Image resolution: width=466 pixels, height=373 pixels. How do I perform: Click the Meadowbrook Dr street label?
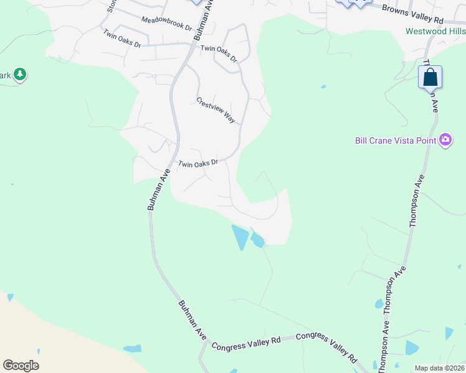[166, 24]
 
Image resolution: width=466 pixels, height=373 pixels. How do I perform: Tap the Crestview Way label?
[216, 110]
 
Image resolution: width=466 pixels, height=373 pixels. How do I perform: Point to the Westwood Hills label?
[435, 31]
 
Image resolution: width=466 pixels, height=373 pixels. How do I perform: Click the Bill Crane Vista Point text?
[395, 140]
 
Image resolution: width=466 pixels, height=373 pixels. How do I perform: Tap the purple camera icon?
[445, 139]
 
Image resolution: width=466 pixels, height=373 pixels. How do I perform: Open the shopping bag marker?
[430, 78]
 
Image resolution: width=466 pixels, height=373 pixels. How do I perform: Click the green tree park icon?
[20, 75]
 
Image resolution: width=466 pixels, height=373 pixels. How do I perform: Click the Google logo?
[21, 366]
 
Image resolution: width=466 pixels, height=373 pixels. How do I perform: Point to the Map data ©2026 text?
[439, 368]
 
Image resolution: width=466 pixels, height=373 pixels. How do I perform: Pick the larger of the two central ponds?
[240, 237]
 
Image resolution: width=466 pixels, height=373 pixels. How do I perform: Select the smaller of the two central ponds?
[257, 239]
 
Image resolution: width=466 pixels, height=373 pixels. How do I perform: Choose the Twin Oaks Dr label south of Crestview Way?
[198, 164]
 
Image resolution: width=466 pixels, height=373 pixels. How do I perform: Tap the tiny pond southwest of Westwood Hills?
[323, 87]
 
